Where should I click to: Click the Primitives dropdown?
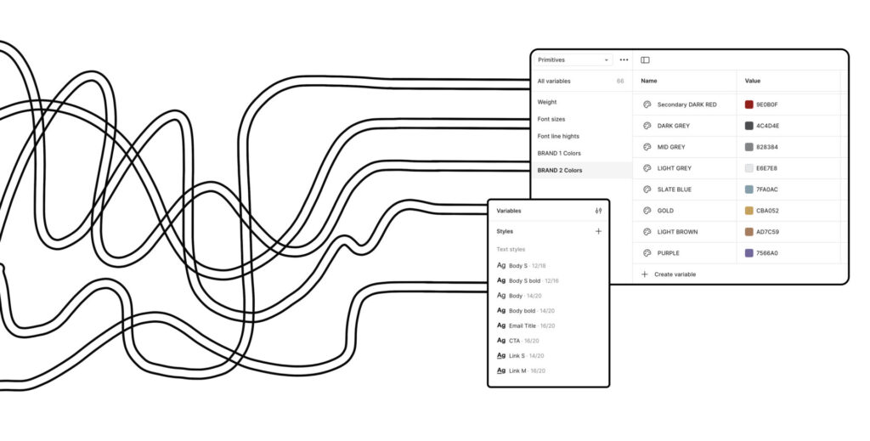[573, 60]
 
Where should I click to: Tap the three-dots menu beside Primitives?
[624, 60]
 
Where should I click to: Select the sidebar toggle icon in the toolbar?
[645, 60]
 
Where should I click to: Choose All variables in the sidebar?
[554, 82]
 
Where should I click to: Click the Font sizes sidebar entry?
[551, 119]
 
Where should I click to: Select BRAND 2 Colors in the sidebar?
[560, 170]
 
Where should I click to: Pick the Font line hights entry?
[558, 136]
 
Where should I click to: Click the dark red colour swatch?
[749, 105]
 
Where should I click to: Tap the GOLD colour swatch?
[749, 211]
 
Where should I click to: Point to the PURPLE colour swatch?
[749, 253]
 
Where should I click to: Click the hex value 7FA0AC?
[767, 189]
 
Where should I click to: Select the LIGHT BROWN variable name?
[677, 232]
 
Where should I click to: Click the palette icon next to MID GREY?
[647, 147]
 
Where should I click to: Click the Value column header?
[753, 82]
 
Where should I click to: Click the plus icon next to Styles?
[598, 231]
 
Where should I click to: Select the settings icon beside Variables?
[598, 211]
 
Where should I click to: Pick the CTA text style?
[514, 341]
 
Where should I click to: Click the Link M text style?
[517, 371]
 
